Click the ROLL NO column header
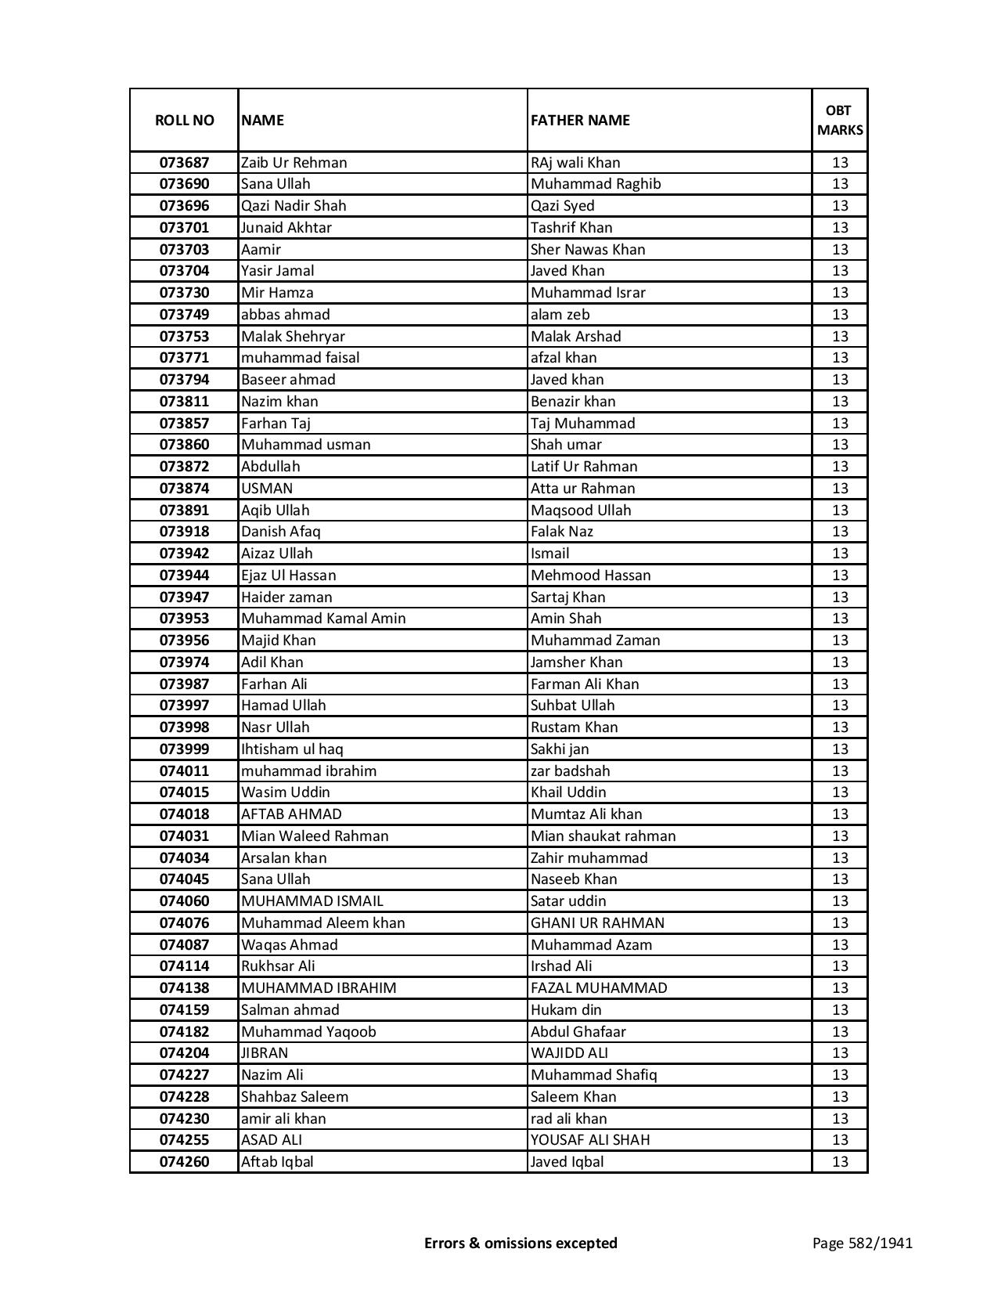point(184,120)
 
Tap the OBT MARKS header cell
point(840,120)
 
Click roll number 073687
point(184,163)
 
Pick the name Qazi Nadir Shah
point(294,206)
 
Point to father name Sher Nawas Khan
point(588,250)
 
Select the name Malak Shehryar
point(293,337)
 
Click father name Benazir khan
point(573,402)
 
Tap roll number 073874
point(184,489)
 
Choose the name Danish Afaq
point(281,532)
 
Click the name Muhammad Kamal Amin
point(323,619)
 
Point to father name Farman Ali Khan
point(585,684)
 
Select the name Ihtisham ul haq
point(292,749)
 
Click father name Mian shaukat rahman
point(603,836)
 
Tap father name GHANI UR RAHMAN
point(597,923)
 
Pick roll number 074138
point(184,988)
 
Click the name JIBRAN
point(265,1053)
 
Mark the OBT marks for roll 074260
point(840,1162)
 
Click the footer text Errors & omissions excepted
point(521,1243)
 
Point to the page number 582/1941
point(862,1243)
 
